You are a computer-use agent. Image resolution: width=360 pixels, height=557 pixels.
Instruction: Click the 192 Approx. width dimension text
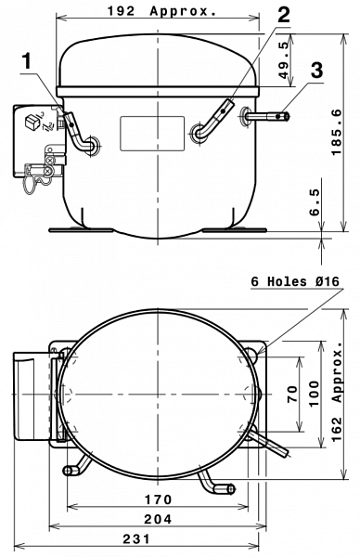[161, 11]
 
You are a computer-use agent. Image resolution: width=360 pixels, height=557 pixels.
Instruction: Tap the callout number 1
[27, 61]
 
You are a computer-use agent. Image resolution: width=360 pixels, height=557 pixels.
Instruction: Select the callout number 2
[283, 14]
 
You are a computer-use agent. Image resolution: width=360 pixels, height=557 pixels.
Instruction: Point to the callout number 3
[316, 70]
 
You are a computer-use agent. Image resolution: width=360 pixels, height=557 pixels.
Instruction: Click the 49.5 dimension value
[283, 60]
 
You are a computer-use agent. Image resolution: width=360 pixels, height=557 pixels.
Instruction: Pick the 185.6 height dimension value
[336, 132]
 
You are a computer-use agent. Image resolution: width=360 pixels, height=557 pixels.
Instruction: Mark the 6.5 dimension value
[315, 202]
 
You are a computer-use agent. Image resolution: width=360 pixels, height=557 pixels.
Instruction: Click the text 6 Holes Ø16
[295, 281]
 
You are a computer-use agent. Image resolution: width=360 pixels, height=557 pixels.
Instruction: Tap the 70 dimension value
[292, 394]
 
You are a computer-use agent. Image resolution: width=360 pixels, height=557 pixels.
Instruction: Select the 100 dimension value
[315, 394]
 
